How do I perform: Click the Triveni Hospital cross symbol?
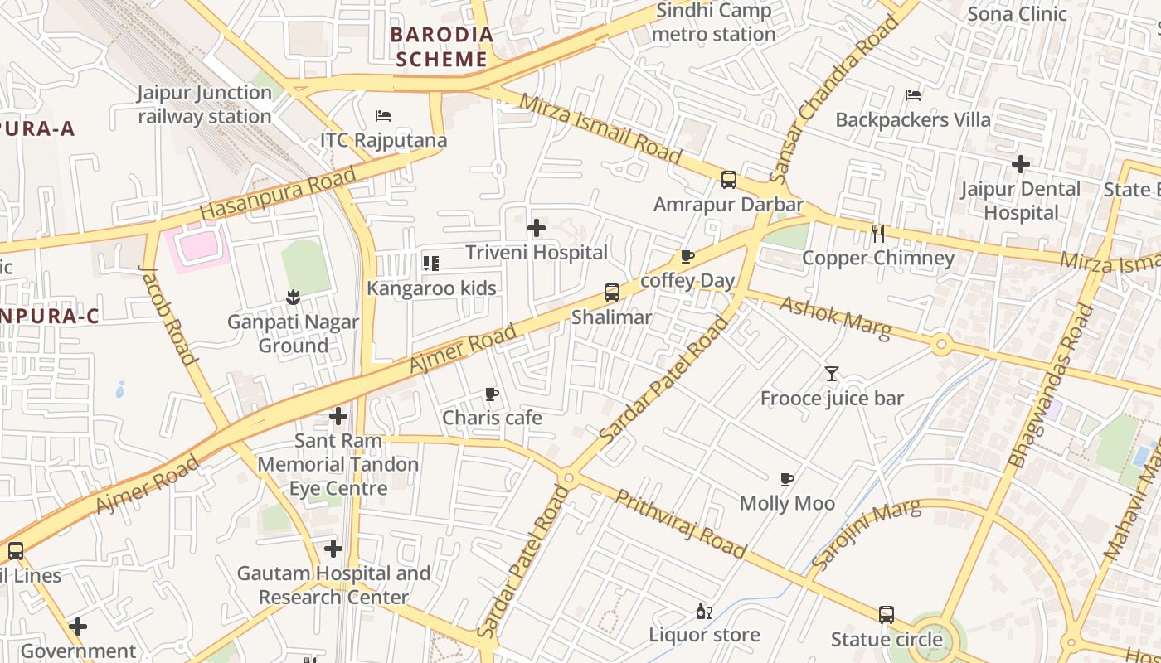coord(537,227)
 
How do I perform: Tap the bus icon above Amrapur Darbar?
coord(728,179)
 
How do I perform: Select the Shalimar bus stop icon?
coord(611,292)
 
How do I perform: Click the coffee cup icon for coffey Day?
coord(687,256)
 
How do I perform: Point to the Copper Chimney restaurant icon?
coord(878,234)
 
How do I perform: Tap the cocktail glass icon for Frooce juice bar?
coord(832,374)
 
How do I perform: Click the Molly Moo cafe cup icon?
coord(787,479)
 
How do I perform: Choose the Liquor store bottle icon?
coord(703,612)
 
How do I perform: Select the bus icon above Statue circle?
coord(886,615)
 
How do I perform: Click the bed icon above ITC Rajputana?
coord(383,116)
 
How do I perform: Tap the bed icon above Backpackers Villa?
coord(913,95)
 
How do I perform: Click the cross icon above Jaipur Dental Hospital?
coord(1021,164)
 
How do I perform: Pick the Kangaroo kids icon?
coord(431,264)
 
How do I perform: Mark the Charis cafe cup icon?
coord(492,394)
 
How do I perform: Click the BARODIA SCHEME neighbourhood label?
coord(442,47)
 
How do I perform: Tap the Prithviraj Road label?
coord(681,524)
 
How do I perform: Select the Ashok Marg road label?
coord(835,318)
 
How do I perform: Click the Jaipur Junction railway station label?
coord(205,104)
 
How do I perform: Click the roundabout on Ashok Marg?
coord(940,343)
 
